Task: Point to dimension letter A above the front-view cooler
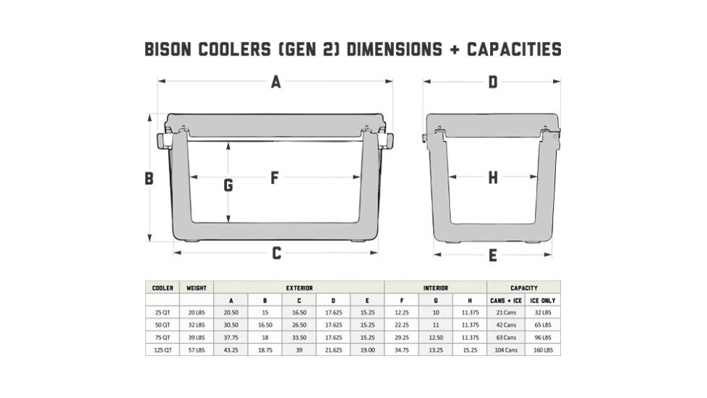[x=275, y=82]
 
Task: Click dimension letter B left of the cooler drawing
[x=149, y=178]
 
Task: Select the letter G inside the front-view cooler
[x=228, y=185]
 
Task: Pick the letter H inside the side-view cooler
[x=493, y=177]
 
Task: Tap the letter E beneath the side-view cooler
[x=492, y=255]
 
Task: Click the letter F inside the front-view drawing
[x=275, y=177]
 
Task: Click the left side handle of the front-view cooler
[x=163, y=140]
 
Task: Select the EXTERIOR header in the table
[x=299, y=287]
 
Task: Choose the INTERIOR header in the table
[x=435, y=287]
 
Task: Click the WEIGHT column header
[x=196, y=287]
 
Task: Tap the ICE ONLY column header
[x=542, y=300]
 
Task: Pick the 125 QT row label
[x=162, y=350]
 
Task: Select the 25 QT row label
[x=162, y=313]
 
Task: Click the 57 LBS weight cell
[x=196, y=350]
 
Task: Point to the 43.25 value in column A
[x=231, y=350]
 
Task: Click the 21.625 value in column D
[x=333, y=350]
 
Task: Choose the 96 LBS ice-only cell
[x=542, y=337]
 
